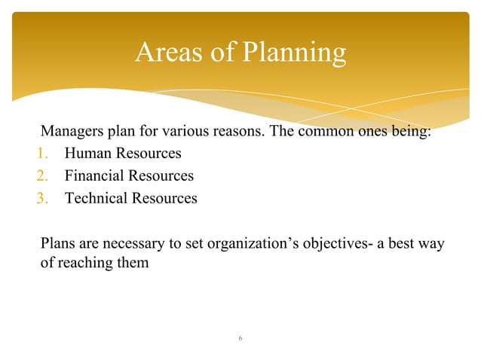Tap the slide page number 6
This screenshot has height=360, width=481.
tap(240, 338)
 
